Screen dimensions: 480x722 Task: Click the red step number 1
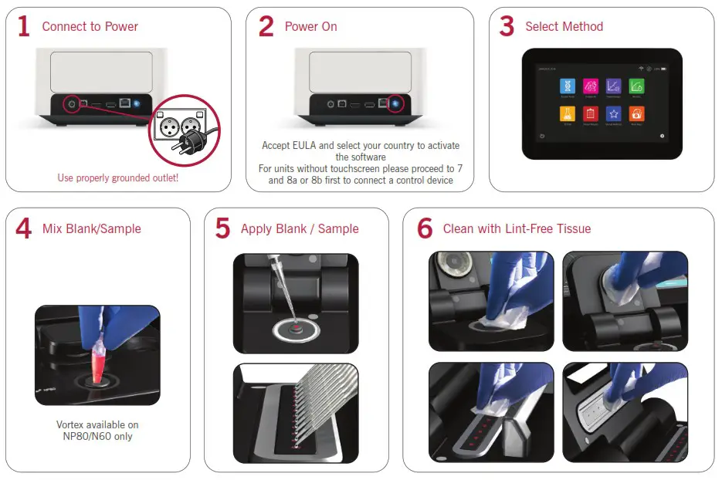(x=24, y=27)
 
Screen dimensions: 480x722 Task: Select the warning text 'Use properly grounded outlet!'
(x=118, y=178)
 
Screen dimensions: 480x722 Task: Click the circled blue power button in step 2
(x=397, y=103)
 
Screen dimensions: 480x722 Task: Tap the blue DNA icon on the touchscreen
(x=568, y=86)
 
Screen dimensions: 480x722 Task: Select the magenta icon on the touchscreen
(x=591, y=86)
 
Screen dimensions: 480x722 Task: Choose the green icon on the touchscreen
(x=636, y=86)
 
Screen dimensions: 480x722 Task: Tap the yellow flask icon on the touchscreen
(x=568, y=114)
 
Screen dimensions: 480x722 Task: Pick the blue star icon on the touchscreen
(x=614, y=114)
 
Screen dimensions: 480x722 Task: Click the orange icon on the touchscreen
(x=636, y=114)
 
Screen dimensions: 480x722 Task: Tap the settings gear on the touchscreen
(x=662, y=135)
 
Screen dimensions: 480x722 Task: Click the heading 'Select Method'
(x=564, y=27)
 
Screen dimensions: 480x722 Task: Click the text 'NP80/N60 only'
(x=97, y=437)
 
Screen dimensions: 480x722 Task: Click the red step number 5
(x=222, y=229)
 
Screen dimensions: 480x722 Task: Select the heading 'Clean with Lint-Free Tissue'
(x=517, y=229)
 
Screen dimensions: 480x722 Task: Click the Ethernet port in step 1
(x=124, y=103)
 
